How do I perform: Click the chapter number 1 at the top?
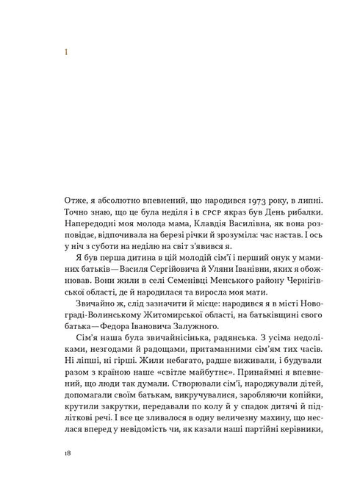click(66, 52)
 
